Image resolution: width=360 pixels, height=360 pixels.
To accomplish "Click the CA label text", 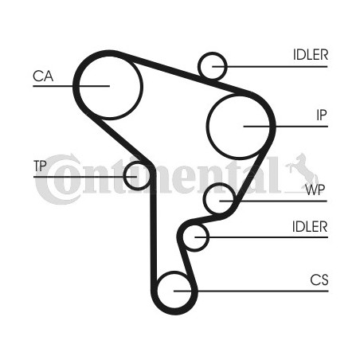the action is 43,76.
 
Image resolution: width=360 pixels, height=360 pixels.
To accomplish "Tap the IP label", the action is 322,115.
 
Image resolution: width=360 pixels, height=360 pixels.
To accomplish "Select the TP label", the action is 40,166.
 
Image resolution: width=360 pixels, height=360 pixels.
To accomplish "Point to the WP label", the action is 315,190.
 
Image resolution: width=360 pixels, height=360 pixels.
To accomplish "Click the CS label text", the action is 319,280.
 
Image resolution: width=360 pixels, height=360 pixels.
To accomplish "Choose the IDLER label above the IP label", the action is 311,55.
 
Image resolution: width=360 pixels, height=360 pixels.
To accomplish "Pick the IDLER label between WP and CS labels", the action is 310,227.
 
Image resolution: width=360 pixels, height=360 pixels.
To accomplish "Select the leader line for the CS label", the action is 251,292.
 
